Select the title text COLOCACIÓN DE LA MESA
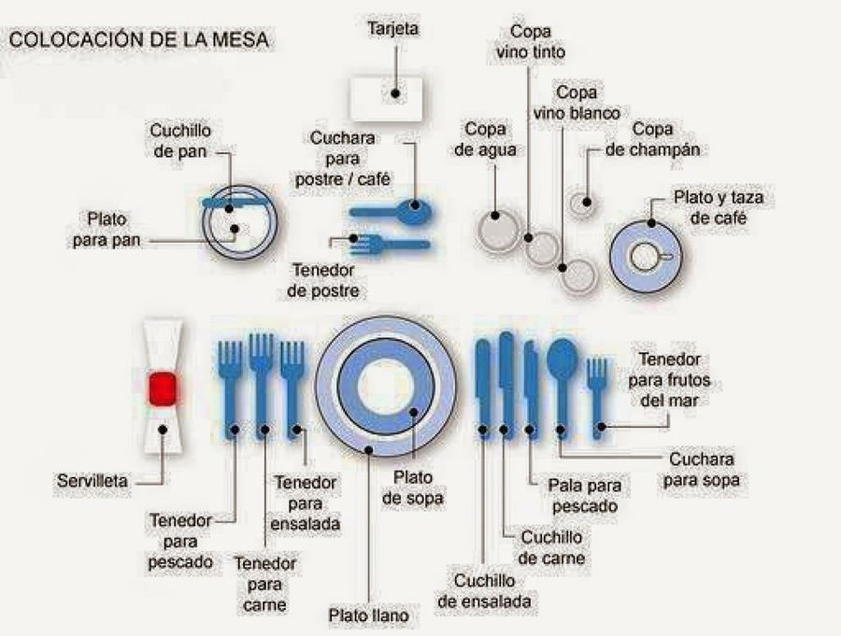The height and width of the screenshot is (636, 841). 140,40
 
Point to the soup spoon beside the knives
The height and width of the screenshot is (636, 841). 562,374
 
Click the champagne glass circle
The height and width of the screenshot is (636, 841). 583,202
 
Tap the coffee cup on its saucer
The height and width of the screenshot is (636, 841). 647,255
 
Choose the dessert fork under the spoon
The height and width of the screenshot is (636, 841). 388,244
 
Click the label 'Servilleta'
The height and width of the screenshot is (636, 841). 93,482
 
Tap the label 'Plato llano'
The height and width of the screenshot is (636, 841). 368,615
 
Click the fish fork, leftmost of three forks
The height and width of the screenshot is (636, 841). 230,383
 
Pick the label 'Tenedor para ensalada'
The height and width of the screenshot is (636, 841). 306,502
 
